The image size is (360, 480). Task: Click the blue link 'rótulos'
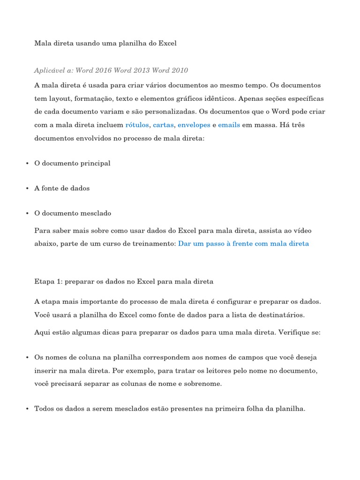pos(137,125)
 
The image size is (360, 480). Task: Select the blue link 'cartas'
pos(164,125)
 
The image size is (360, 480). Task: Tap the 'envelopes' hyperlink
pos(194,125)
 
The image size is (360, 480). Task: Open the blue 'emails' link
pos(229,125)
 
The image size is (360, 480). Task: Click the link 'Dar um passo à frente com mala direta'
pos(243,244)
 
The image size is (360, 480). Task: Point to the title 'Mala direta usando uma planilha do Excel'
pos(105,43)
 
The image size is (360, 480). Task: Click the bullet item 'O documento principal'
pos(72,163)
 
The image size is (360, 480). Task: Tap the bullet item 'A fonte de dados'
pos(62,188)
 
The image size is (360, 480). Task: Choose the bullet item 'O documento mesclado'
pos(73,213)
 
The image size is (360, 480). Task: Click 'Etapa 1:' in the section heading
pos(48,282)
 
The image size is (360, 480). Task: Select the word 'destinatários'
pos(283,315)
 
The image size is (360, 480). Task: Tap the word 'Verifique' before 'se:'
pos(295,332)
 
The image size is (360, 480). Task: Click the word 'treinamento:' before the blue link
pos(156,244)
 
